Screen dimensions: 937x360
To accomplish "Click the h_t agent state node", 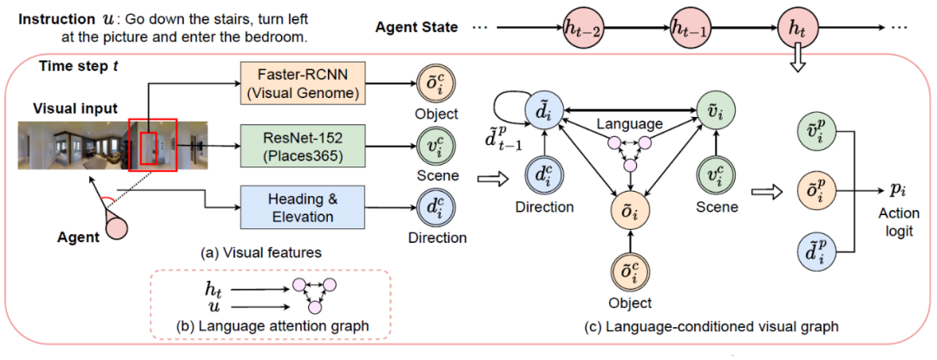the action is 798,28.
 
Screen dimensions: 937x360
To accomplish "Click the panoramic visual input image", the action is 113,145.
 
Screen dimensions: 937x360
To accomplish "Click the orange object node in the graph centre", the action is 629,208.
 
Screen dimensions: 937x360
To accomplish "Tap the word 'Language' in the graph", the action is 629,123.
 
